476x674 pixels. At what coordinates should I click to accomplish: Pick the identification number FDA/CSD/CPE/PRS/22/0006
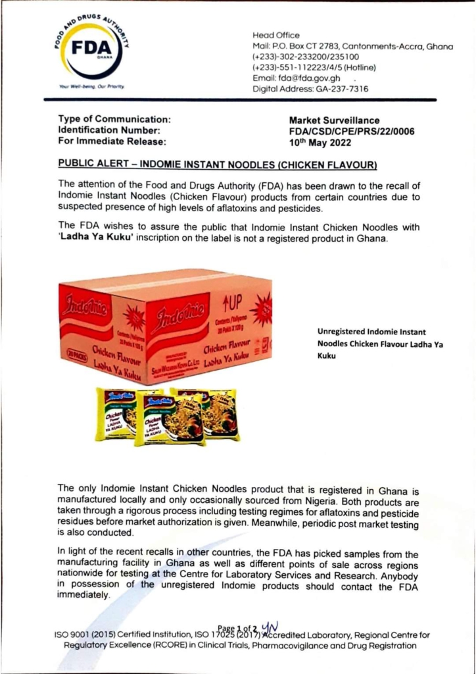pyautogui.click(x=352, y=131)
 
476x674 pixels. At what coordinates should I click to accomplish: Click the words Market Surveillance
pyautogui.click(x=334, y=120)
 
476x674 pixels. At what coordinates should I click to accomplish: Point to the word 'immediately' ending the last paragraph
pyautogui.click(x=83, y=594)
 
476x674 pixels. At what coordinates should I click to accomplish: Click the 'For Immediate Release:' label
pyautogui.click(x=103, y=141)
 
